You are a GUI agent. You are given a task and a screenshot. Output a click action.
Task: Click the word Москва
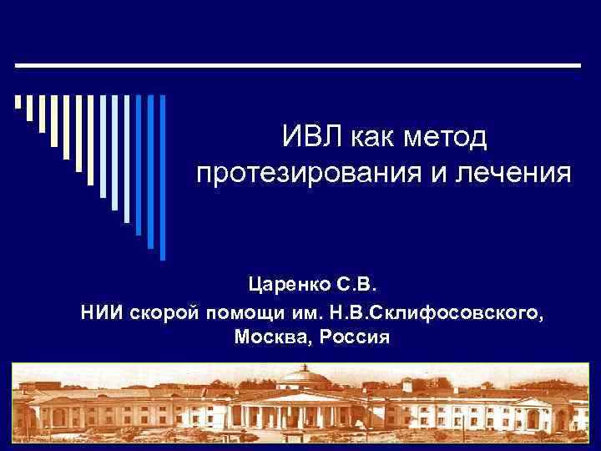[268, 337]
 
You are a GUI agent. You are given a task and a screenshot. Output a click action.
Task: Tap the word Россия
[351, 337]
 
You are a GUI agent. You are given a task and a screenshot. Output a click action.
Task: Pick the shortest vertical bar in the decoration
[18, 103]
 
